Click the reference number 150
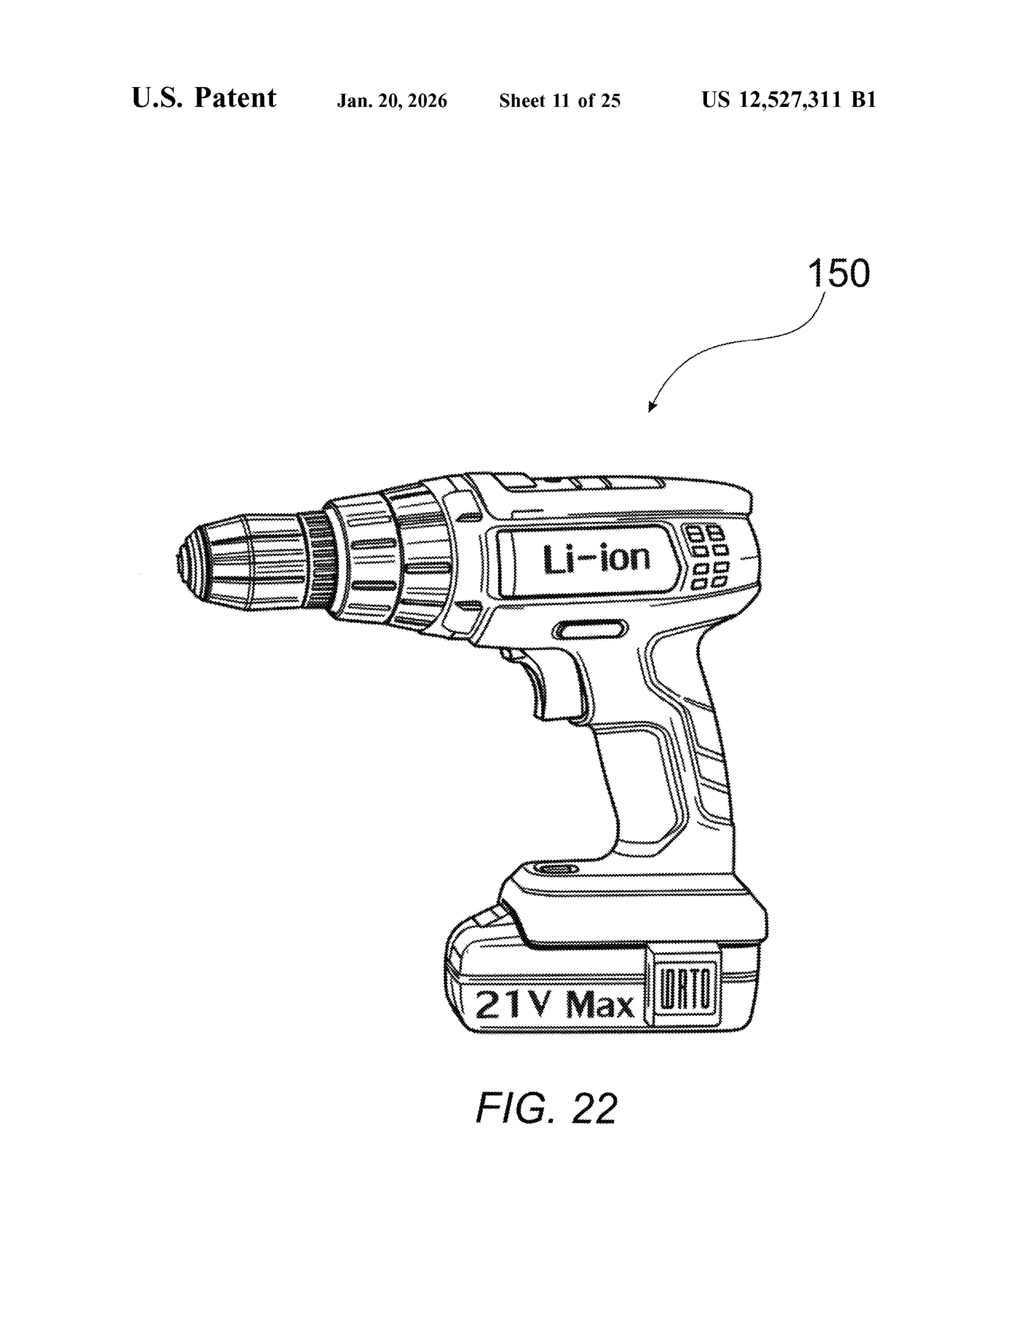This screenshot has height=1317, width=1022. point(838,273)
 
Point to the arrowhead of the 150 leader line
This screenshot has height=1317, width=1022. point(652,407)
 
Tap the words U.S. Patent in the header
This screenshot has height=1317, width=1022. point(204,98)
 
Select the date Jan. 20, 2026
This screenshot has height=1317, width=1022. point(392,101)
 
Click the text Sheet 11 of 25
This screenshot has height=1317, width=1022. point(560,101)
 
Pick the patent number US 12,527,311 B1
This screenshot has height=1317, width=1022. point(789,100)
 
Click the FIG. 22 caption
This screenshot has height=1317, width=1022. point(547,1108)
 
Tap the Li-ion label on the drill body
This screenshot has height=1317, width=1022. point(596,559)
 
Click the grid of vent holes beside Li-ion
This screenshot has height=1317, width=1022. point(709,557)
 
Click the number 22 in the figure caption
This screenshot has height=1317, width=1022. point(595,1108)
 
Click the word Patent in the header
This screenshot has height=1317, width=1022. point(235,98)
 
